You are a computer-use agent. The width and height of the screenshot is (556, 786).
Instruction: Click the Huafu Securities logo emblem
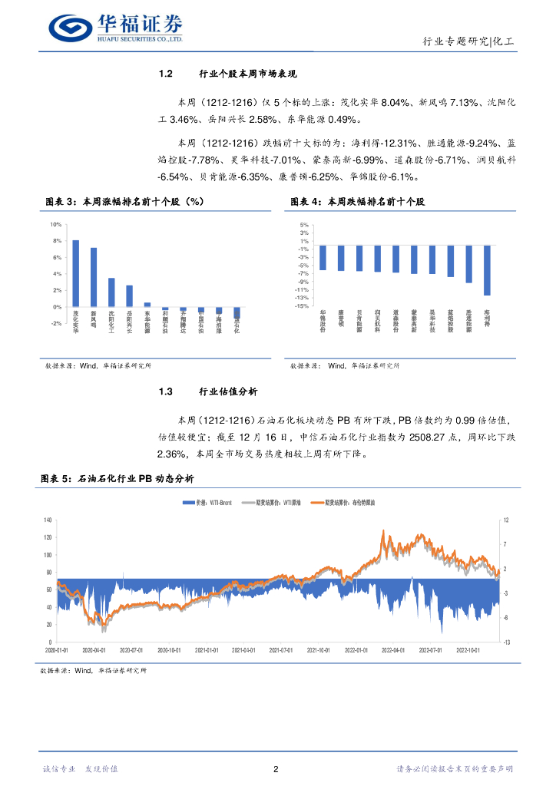[71, 28]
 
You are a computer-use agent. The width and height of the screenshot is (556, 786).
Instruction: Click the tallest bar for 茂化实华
[75, 273]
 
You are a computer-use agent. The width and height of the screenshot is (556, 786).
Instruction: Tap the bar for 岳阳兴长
[129, 296]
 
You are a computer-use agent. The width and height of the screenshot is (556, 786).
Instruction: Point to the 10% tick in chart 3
[55, 225]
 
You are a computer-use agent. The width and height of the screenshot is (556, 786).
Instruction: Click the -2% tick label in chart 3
[55, 323]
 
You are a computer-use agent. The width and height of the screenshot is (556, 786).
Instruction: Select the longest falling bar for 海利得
[487, 270]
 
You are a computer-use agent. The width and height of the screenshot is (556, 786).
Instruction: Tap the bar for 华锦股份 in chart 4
[323, 258]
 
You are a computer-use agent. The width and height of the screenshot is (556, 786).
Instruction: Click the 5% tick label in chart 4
[304, 225]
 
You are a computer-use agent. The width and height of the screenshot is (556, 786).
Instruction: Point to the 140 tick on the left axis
[47, 520]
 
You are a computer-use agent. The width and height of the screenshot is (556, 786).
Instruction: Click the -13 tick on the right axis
[506, 642]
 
